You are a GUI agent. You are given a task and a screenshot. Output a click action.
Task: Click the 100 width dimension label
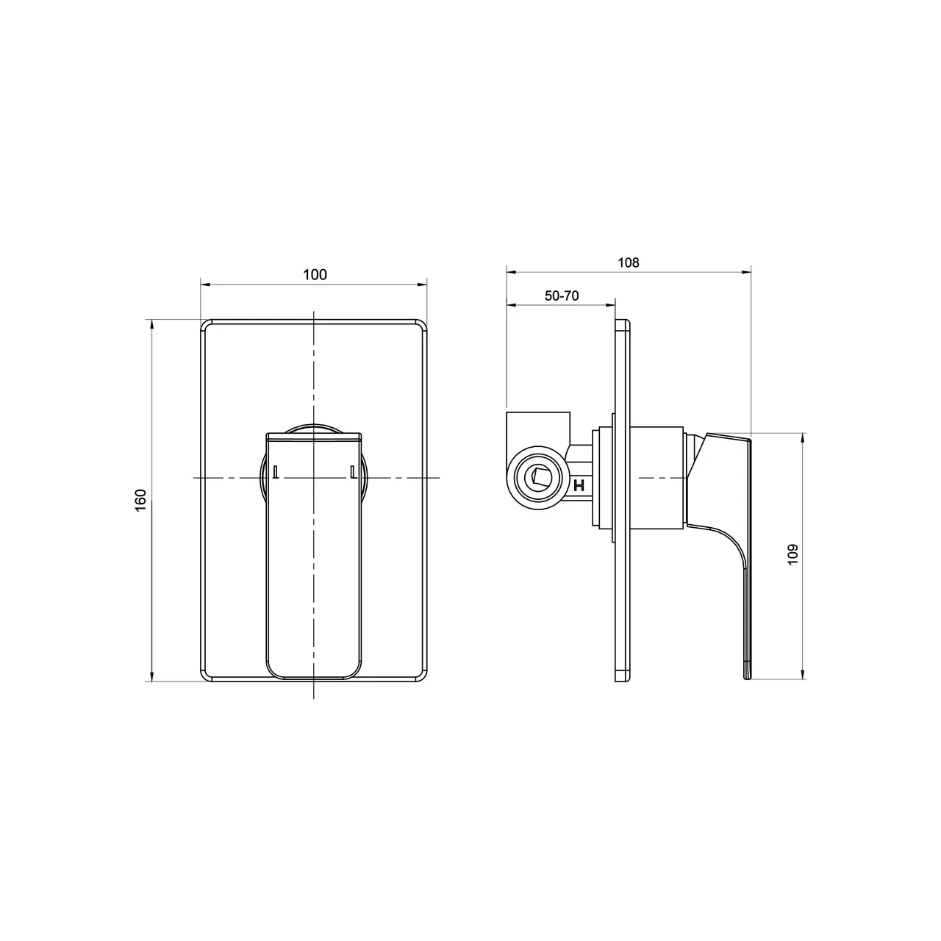pyautogui.click(x=315, y=274)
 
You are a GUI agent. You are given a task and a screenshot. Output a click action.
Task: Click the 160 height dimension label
pyautogui.click(x=140, y=500)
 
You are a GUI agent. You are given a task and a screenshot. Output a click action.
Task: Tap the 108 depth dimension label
pyautogui.click(x=628, y=262)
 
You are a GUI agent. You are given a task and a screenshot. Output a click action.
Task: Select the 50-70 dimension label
pyautogui.click(x=562, y=296)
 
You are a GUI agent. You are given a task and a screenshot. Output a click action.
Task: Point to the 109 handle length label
pyautogui.click(x=792, y=554)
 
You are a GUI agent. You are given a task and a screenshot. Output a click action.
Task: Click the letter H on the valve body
pyautogui.click(x=579, y=485)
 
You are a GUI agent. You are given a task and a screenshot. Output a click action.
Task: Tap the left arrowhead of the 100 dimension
pyautogui.click(x=205, y=285)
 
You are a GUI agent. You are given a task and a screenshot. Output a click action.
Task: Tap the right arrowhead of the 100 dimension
pyautogui.click(x=423, y=285)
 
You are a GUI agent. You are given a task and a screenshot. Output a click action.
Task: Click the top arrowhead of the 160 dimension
pyautogui.click(x=152, y=325)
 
